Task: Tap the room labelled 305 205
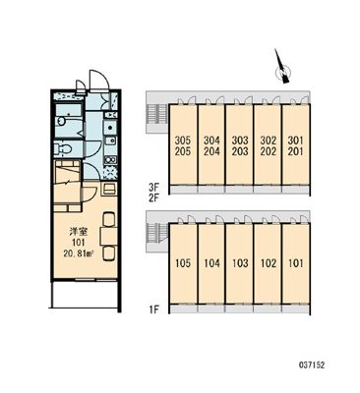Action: (183, 145)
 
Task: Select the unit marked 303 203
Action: (240, 145)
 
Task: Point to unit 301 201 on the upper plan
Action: (296, 145)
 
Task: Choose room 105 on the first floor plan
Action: (183, 263)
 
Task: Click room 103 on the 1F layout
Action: (240, 263)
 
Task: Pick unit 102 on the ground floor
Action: (268, 263)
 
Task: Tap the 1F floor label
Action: (153, 309)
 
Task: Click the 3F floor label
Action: (153, 188)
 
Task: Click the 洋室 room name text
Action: (78, 232)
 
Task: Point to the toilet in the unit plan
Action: (63, 149)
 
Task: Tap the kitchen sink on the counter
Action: (110, 126)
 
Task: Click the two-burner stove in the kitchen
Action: (110, 160)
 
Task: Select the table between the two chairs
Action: (109, 236)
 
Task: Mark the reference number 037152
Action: (312, 365)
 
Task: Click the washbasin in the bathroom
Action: (61, 122)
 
